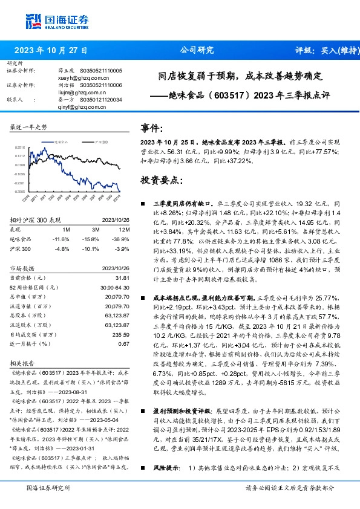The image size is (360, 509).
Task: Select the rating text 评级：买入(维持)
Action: pos(324,50)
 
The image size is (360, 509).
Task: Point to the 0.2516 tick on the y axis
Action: pos(20,147)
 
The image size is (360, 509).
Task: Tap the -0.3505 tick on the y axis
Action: pos(19,191)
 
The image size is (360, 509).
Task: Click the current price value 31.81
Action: pos(122,277)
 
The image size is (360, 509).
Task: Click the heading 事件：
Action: pos(152,129)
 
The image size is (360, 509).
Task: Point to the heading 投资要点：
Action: pos(161,180)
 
